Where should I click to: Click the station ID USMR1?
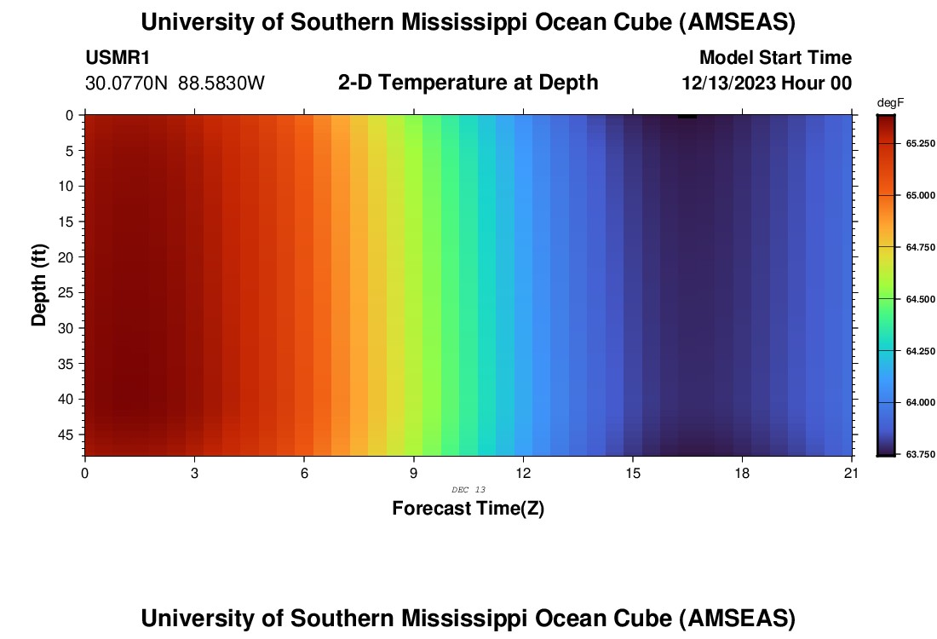tap(118, 58)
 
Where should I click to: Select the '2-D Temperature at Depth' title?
tap(468, 83)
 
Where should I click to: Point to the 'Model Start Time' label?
tap(774, 58)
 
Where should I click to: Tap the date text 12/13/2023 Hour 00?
tap(767, 83)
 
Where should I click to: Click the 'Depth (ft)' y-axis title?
tap(39, 285)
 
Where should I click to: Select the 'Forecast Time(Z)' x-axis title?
tap(468, 509)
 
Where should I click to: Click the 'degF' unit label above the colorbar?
tap(889, 103)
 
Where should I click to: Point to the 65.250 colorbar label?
tap(921, 143)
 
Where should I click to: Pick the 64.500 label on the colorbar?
tap(921, 299)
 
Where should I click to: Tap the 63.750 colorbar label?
tap(921, 454)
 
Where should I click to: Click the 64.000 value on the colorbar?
tap(921, 402)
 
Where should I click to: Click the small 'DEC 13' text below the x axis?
tap(468, 489)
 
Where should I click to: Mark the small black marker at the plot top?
tap(687, 116)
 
